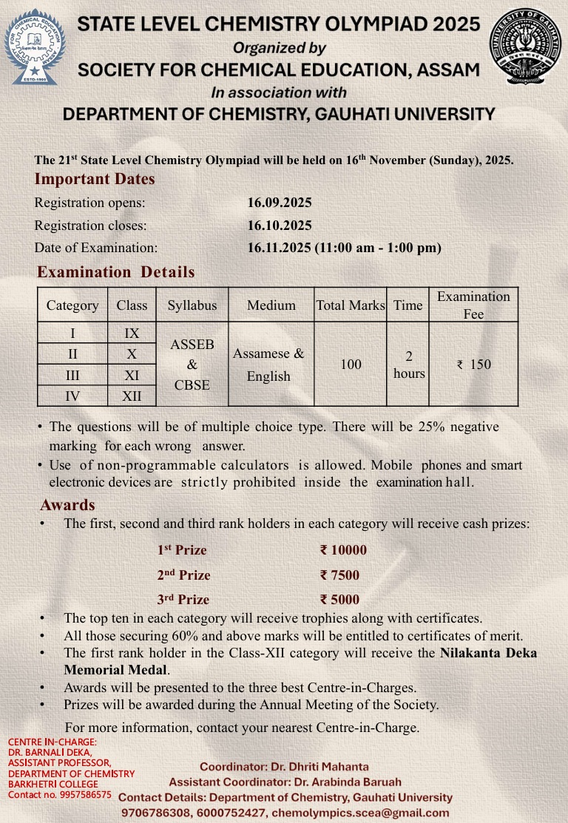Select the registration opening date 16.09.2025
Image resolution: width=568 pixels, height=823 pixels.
280,203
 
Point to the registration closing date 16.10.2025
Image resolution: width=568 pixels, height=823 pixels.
280,226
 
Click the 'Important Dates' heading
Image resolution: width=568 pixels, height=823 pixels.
95,179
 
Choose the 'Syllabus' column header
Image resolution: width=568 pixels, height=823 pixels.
192,305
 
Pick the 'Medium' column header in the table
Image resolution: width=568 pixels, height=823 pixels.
271,305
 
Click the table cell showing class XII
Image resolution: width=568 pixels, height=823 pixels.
132,396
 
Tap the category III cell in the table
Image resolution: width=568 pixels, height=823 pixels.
72,376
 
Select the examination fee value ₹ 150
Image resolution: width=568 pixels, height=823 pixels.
474,365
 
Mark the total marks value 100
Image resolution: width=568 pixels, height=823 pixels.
351,365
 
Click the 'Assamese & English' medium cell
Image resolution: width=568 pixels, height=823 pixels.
268,365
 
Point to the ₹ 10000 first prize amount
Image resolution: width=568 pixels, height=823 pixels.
343,550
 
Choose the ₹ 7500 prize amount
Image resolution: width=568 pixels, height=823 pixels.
339,575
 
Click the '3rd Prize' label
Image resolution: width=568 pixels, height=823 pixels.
183,600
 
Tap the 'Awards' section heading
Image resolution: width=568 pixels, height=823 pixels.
67,506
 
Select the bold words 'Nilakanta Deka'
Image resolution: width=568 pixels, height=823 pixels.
488,653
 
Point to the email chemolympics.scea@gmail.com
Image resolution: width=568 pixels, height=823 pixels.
360,813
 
